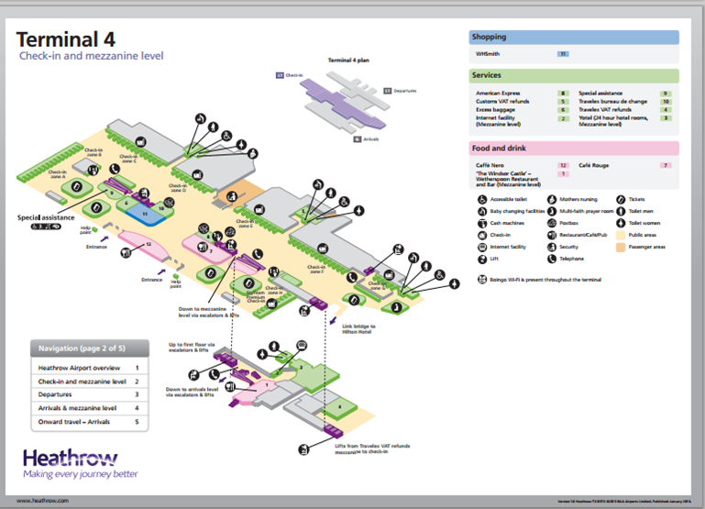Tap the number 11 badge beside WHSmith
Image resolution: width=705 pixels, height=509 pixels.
(x=563, y=55)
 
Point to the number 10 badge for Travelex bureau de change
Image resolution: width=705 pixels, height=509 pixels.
(x=666, y=102)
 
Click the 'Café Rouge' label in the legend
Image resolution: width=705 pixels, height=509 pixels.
(x=595, y=165)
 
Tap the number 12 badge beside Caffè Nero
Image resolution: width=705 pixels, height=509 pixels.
(x=564, y=165)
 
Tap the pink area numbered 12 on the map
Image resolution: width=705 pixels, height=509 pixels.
(x=146, y=243)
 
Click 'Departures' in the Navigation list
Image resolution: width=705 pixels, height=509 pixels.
(x=60, y=394)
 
